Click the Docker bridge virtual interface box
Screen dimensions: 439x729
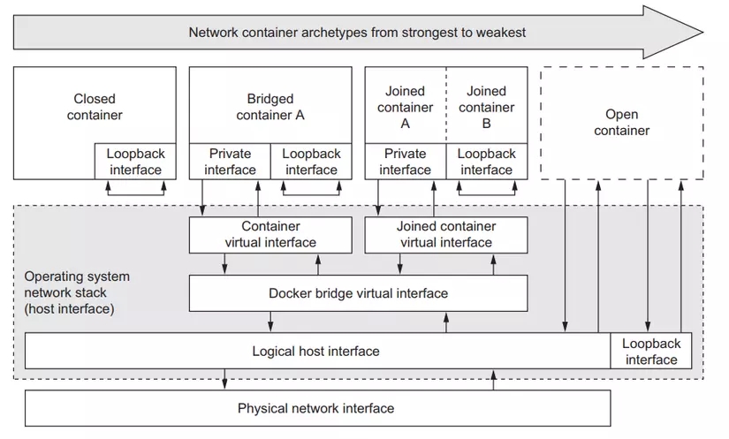358,293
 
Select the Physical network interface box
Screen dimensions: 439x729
316,408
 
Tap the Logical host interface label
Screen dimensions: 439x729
316,351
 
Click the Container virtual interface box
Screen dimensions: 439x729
270,235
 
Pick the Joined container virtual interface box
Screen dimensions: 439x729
446,235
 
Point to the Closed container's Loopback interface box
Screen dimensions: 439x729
135,162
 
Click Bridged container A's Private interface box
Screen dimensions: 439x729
231,162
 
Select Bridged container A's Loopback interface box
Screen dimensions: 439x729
311,162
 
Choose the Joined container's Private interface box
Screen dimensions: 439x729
406,162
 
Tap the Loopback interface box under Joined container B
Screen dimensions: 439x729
487,162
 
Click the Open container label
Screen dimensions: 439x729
621,123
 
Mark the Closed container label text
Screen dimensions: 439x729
95,107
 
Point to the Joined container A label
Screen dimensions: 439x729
406,107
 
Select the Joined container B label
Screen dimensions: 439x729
487,107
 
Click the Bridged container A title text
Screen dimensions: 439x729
270,107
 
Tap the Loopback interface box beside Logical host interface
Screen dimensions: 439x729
650,351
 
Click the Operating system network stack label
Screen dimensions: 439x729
77,293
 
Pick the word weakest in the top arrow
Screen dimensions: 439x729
501,33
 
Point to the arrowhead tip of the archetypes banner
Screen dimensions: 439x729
702,33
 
